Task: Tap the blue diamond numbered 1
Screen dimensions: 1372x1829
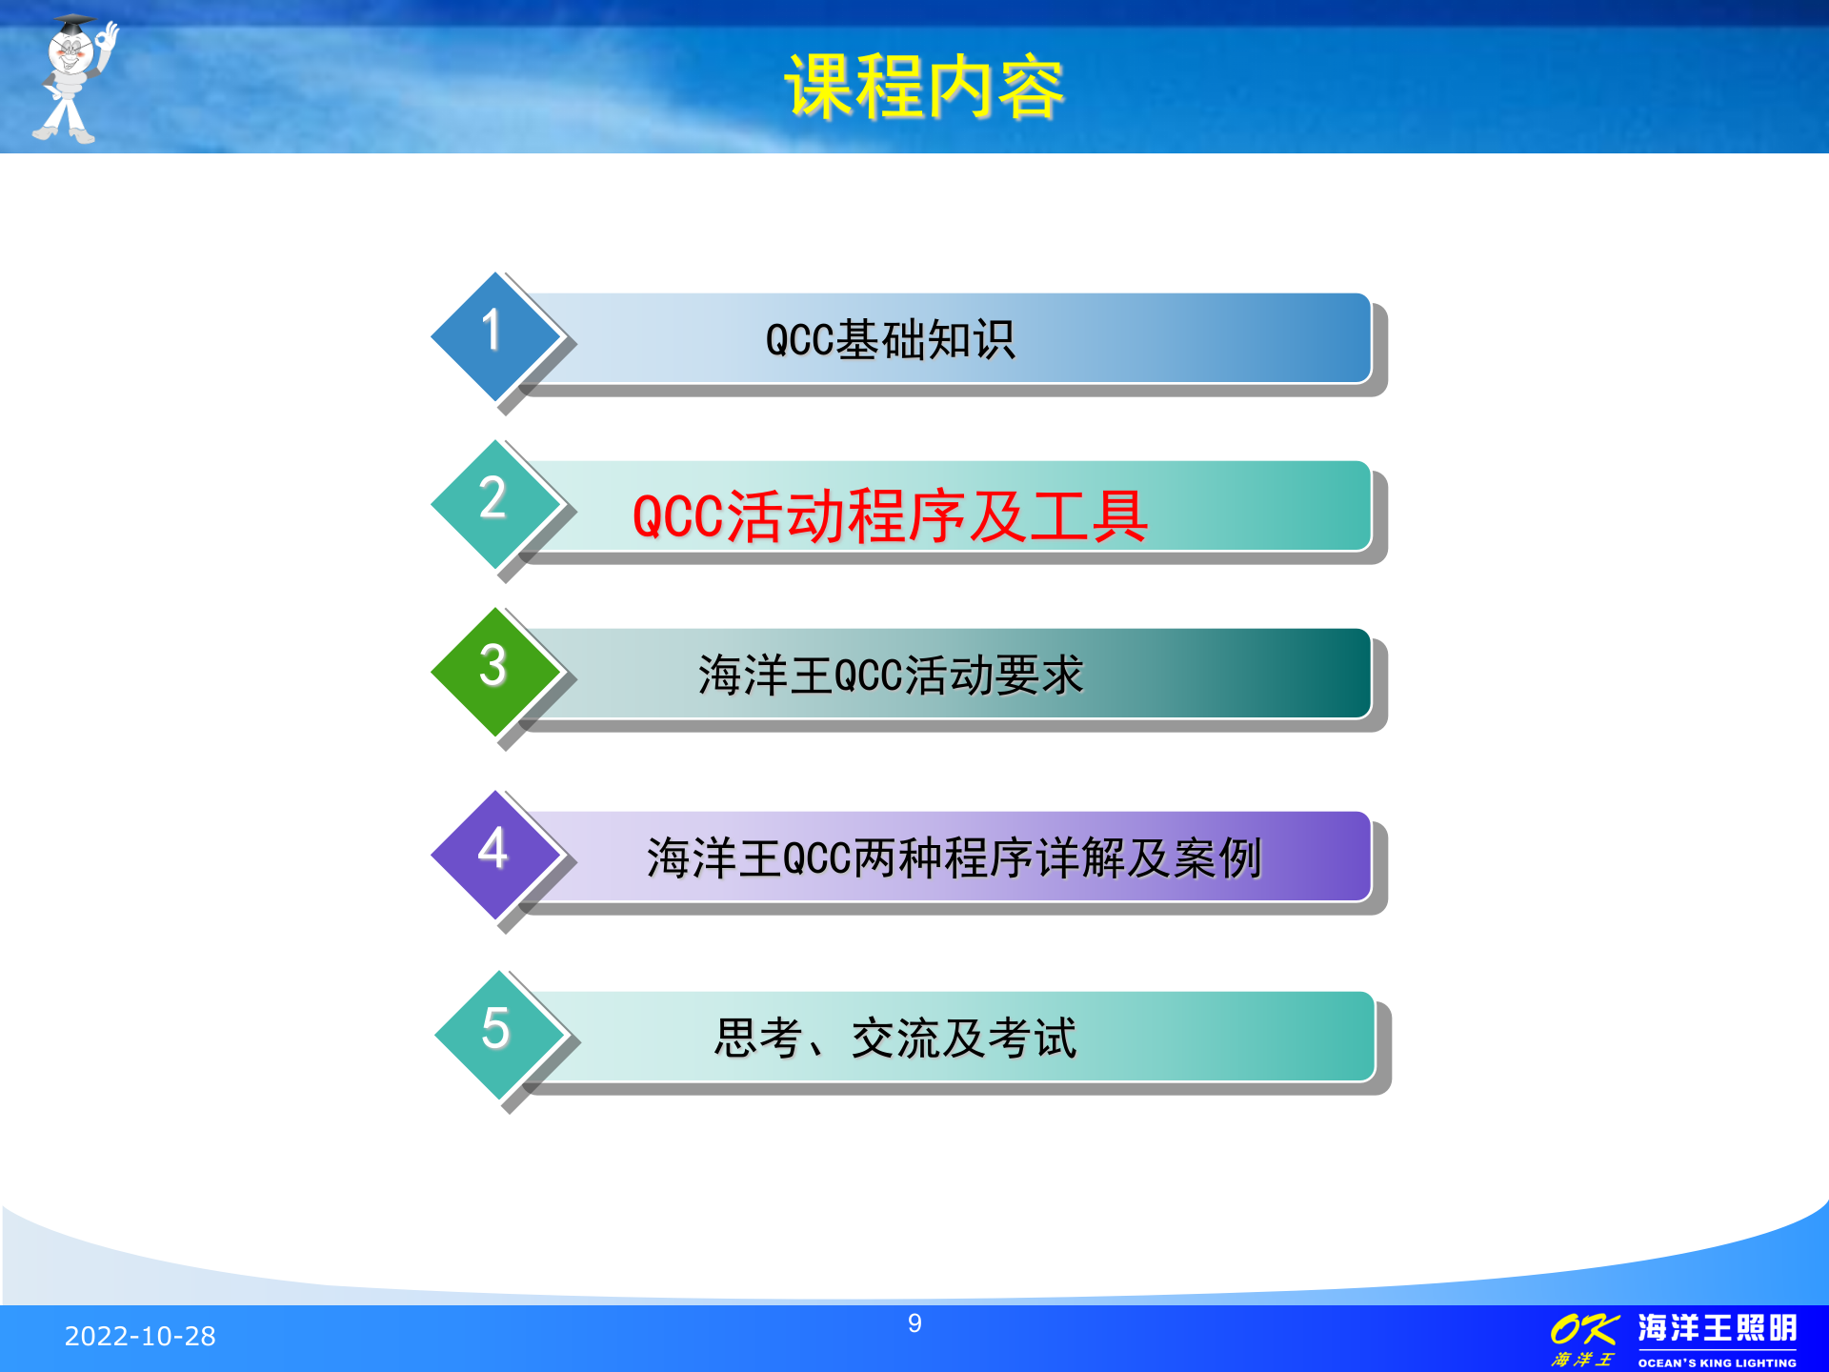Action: [494, 335]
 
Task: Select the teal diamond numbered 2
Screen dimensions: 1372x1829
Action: [494, 503]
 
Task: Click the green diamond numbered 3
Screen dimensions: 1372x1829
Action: [494, 671]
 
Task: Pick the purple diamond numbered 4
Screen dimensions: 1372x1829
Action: [494, 854]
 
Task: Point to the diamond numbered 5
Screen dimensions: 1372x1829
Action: [498, 1034]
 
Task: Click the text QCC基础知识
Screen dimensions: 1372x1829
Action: [890, 340]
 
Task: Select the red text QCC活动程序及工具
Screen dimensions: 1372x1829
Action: [890, 516]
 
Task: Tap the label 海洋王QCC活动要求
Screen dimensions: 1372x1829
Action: [890, 676]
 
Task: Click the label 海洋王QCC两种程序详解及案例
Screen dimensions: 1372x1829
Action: [953, 858]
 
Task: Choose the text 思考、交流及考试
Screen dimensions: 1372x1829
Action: [895, 1039]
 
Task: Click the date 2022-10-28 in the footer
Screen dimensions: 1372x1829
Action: [140, 1337]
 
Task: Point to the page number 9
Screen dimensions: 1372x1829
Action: [914, 1323]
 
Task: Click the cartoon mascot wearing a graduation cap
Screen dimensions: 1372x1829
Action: [72, 81]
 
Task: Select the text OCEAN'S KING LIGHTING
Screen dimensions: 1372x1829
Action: [1717, 1362]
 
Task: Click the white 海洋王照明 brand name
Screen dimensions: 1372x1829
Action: [1717, 1327]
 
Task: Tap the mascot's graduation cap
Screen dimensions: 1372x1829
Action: [72, 25]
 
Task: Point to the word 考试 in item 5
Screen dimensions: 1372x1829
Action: [1033, 1039]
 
